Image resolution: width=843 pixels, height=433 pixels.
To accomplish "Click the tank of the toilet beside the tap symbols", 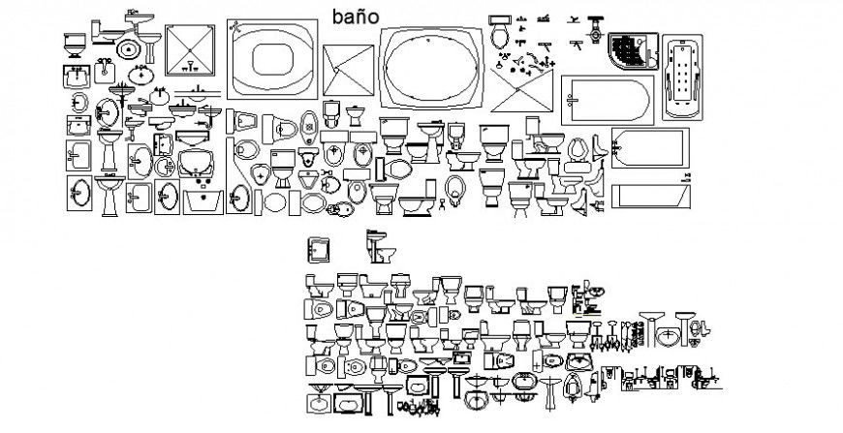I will point(500,20).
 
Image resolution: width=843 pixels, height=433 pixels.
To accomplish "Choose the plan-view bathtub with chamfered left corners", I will point(650,150).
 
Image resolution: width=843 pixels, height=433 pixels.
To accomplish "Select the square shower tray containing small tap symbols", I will point(194,57).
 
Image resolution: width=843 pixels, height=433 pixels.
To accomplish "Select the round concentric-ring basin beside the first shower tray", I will point(127,47).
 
